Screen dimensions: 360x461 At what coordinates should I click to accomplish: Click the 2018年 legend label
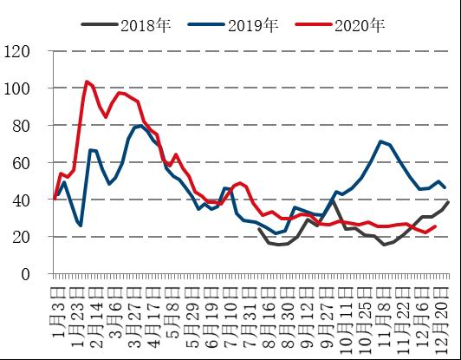(146, 25)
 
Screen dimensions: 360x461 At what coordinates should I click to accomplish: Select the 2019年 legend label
(252, 25)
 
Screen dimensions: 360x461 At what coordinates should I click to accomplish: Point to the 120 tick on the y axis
(29, 52)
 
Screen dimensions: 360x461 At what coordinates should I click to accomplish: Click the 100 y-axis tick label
(29, 88)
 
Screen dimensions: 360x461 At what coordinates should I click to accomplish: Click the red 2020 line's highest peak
(87, 82)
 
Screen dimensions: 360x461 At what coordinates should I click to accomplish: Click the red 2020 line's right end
(434, 226)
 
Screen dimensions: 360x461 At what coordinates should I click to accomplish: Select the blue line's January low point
(80, 226)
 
